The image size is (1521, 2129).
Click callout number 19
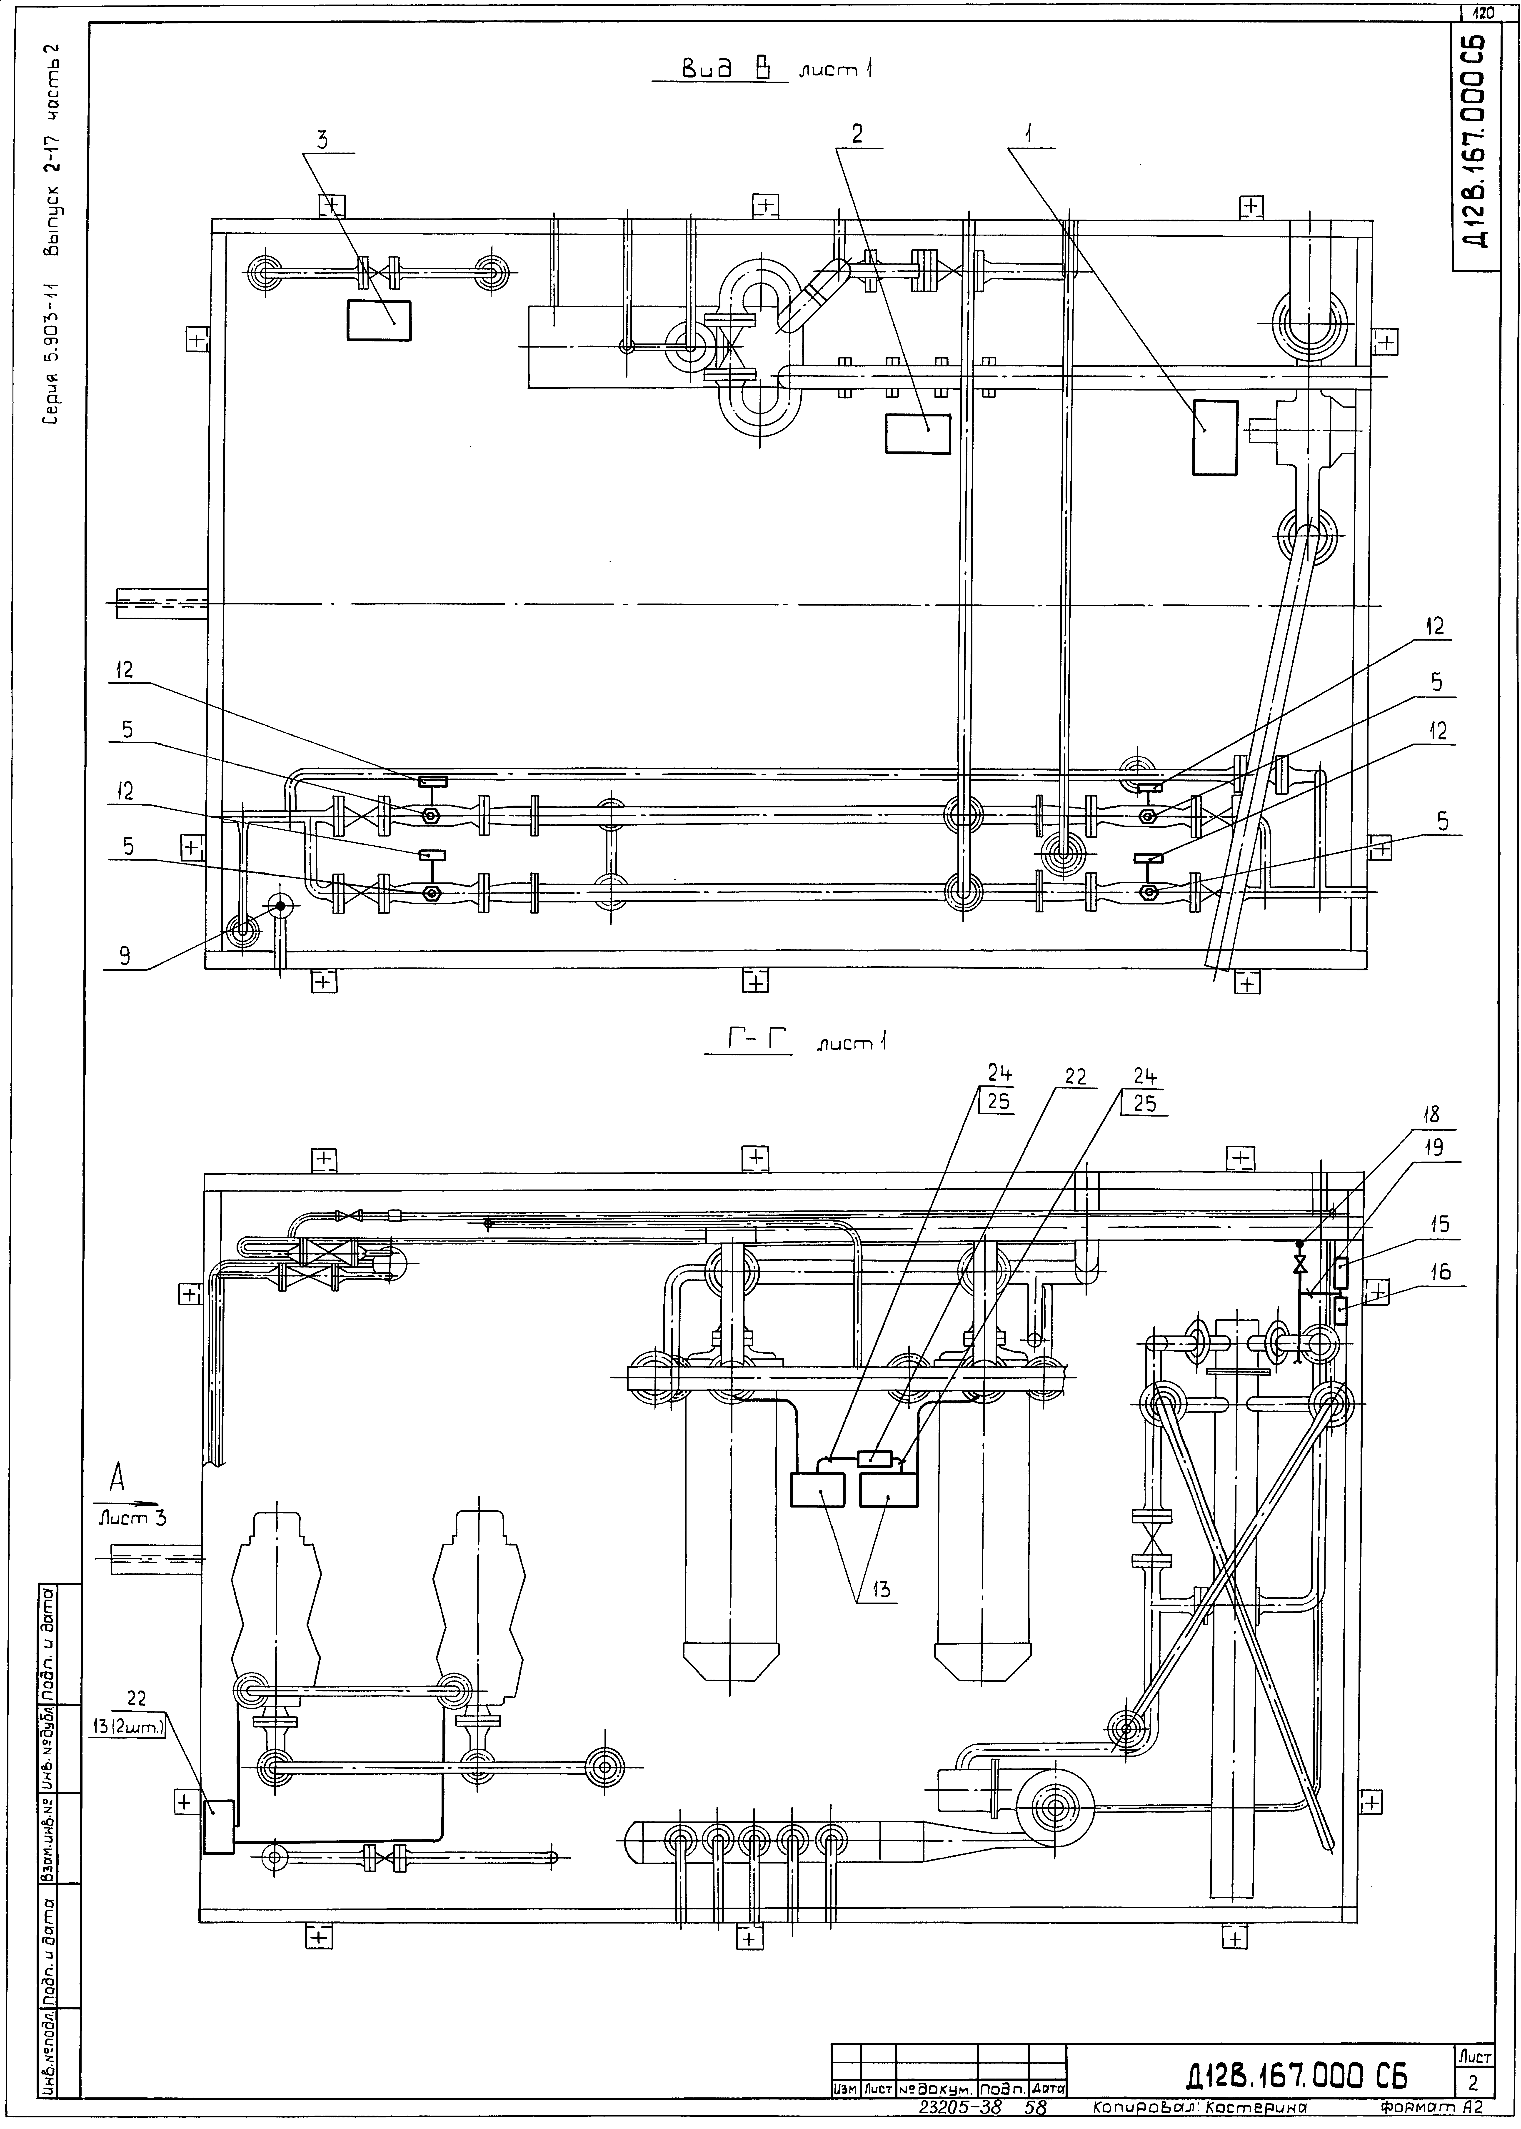[1434, 1147]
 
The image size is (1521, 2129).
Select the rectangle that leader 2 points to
[917, 434]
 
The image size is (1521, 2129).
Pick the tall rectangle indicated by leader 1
[1215, 437]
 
